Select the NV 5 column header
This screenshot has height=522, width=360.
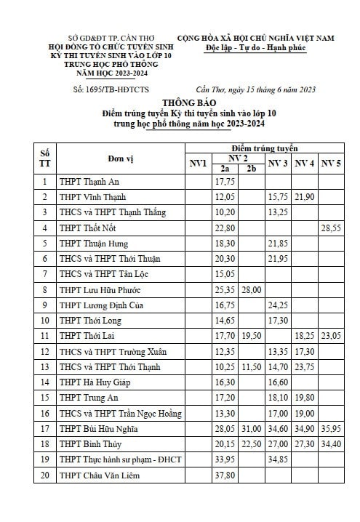[x=332, y=163]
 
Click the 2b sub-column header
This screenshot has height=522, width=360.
[x=252, y=169]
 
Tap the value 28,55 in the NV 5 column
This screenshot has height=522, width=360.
[x=332, y=228]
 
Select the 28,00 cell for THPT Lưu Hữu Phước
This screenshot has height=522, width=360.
[x=252, y=289]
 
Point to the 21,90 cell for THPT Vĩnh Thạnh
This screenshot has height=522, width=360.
[x=305, y=197]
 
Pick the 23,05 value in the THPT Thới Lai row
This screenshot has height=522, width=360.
[x=332, y=335]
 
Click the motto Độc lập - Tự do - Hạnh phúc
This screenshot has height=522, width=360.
[x=256, y=48]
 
